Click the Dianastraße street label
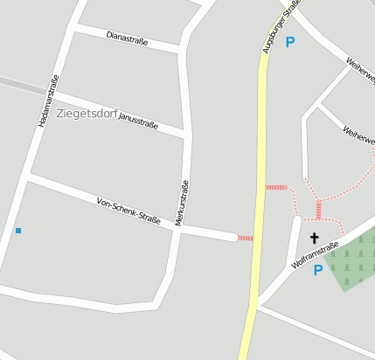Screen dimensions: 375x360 point(127,38)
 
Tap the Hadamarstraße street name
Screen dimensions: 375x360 point(48,102)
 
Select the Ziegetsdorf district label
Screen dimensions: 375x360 point(86,114)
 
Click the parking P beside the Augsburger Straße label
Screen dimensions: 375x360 point(290,42)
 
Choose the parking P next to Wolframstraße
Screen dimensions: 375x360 point(317,270)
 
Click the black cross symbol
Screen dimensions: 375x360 point(314,238)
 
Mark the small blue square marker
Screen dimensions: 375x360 point(18,231)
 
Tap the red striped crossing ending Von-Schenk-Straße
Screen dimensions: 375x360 point(245,238)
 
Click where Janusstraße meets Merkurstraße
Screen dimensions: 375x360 point(185,135)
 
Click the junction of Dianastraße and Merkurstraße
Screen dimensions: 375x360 point(183,49)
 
